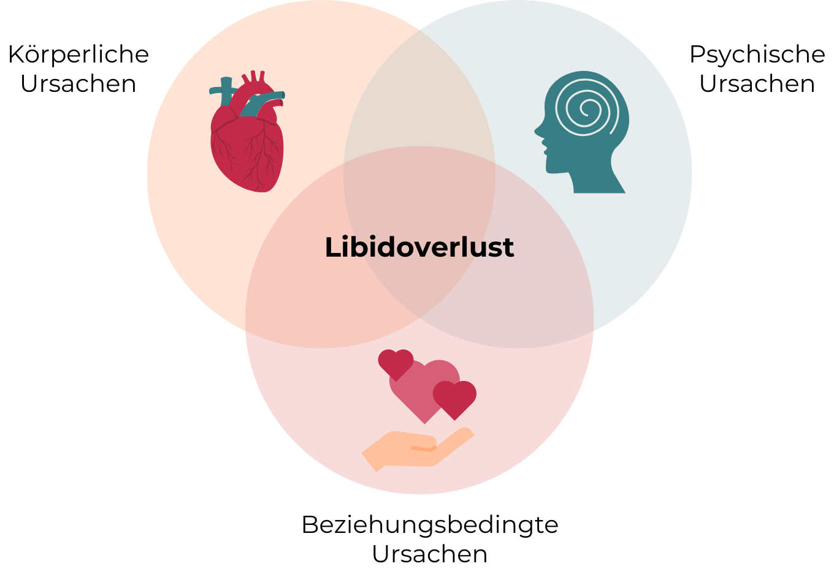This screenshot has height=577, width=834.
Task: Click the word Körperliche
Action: (78, 55)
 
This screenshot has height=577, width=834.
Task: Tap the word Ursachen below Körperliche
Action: (78, 84)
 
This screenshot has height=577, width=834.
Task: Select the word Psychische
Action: (757, 55)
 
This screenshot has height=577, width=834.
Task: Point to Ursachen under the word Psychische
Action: (757, 84)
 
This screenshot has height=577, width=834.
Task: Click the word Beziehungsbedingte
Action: (429, 525)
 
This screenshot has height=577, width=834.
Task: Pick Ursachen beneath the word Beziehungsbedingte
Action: (429, 554)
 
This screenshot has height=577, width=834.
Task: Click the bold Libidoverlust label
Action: (419, 247)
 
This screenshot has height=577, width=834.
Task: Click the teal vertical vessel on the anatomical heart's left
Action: (226, 92)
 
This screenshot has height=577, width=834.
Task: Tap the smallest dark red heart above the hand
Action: (396, 363)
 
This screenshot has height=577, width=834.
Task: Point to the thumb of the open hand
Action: (423, 448)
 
